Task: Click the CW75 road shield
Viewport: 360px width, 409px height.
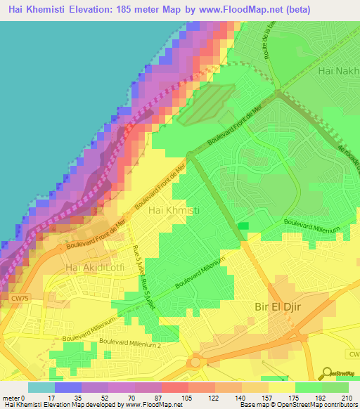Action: [20, 298]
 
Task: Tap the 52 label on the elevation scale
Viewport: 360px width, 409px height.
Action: [103, 397]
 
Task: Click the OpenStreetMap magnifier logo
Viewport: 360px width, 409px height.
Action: [327, 373]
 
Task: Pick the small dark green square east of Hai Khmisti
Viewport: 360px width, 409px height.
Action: [243, 226]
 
